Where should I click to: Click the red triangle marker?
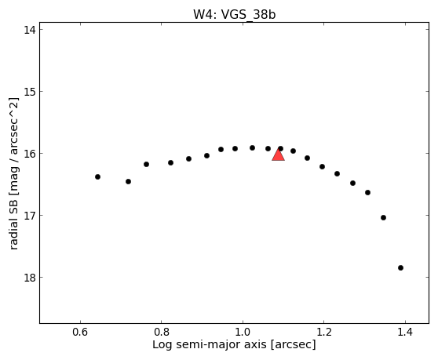click(x=278, y=155)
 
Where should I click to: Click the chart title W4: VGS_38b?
click(x=235, y=15)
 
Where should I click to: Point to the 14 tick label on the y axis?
click(x=29, y=30)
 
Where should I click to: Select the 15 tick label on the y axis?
click(x=29, y=92)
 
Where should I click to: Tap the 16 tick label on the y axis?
click(x=29, y=154)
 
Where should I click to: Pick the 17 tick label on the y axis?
click(x=29, y=216)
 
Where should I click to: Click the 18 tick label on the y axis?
click(x=29, y=278)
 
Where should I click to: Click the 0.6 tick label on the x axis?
click(x=80, y=332)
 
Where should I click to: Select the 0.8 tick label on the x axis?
click(x=162, y=332)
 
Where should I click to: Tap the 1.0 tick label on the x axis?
click(x=243, y=332)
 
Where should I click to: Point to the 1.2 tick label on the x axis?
click(x=323, y=332)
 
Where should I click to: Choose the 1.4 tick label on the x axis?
click(x=405, y=332)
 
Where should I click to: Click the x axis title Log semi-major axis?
click(x=210, y=345)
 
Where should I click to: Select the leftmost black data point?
click(x=97, y=176)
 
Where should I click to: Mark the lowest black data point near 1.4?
click(x=400, y=267)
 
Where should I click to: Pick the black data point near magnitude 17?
click(x=383, y=217)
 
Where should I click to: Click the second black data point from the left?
click(x=128, y=181)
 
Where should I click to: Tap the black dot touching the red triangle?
click(x=280, y=148)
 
